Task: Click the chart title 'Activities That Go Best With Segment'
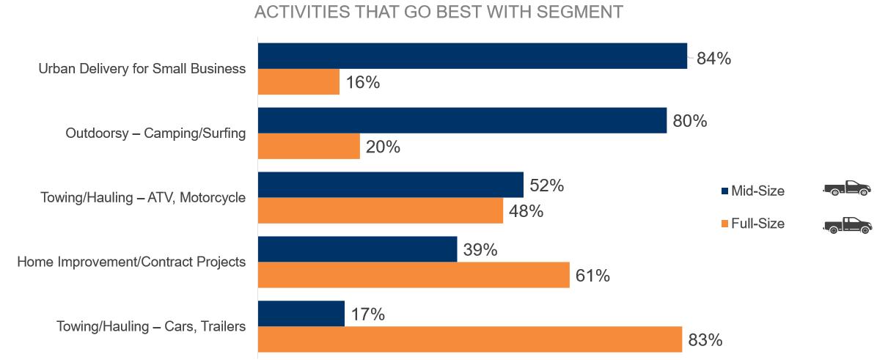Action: tap(438, 12)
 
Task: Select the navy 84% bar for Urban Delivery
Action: tap(472, 56)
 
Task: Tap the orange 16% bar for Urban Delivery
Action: tap(298, 82)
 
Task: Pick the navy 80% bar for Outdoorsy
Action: tap(462, 120)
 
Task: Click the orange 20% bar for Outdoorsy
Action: tap(309, 147)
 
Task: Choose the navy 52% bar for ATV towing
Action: tap(391, 185)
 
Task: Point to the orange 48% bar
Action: tap(381, 211)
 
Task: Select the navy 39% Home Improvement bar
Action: tap(357, 249)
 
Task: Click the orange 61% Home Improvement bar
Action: tap(414, 276)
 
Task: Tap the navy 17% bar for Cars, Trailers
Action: tap(301, 314)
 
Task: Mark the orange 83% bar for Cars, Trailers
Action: tap(470, 340)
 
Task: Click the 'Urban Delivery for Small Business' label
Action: tap(142, 70)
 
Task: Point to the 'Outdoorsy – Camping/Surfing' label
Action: tap(155, 133)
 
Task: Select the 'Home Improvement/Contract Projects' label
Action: tap(131, 262)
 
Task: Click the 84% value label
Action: tap(713, 59)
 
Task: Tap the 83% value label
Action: tap(705, 340)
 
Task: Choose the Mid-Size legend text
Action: tap(757, 191)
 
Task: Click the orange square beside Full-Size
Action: tap(724, 224)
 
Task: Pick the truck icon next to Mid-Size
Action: tap(847, 188)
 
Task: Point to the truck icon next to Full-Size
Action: tap(847, 224)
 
